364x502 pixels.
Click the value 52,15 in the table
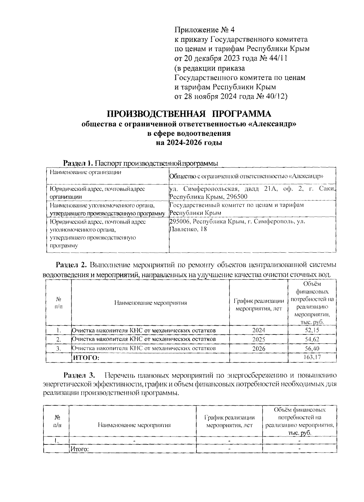(312, 330)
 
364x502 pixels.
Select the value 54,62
(312, 339)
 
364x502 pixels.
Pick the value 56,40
(312, 348)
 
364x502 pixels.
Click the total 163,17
(312, 357)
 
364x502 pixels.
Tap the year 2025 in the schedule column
(258, 339)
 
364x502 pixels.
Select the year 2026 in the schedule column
(258, 349)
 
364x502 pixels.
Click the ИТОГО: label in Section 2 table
(87, 358)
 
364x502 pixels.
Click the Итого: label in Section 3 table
(79, 449)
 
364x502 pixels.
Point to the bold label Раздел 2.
(71, 265)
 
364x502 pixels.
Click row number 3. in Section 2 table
(59, 349)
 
